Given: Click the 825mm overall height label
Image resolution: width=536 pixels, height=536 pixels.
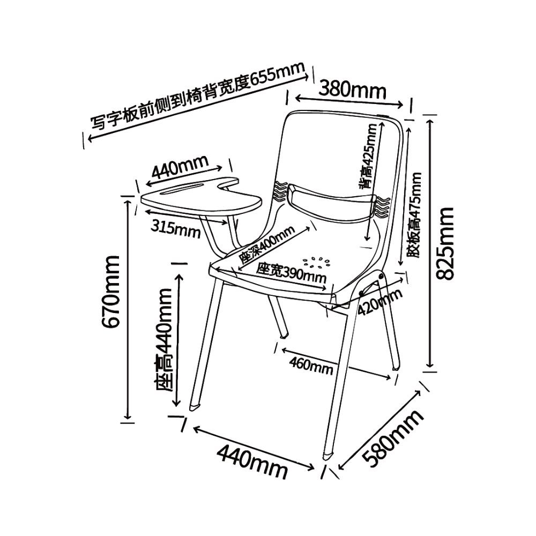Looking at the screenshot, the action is pos(445,243).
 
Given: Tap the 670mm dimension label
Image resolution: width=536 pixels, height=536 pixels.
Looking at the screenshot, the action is pos(112,291).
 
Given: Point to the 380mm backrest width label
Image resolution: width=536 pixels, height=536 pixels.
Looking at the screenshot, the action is pos(353,90).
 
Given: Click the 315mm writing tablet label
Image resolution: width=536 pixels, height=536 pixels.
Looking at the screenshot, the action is pos(176,228).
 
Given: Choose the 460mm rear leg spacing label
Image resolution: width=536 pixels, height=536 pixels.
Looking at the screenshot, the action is pos(311,366).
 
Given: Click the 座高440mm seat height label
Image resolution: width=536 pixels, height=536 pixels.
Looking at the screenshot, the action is pos(163,340).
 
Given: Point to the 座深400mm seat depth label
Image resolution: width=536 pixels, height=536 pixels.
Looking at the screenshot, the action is pos(266,245).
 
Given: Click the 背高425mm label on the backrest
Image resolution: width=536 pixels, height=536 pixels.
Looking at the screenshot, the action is pos(368,156).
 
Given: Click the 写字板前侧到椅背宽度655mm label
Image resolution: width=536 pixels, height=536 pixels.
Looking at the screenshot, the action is pos(198,96).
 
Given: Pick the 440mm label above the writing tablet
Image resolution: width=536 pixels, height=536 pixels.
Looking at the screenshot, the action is pos(180,167).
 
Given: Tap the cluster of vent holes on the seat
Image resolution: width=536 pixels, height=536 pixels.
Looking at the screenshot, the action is pos(316,263).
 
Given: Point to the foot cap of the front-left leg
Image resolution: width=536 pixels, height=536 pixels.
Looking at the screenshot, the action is pos(195,407).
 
